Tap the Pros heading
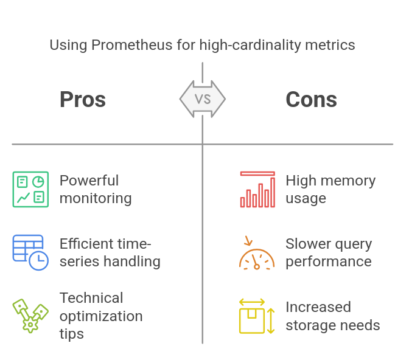83,100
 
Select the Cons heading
311,100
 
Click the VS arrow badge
203,99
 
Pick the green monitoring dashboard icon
30,189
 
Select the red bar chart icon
257,189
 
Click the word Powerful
89,181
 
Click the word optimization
101,316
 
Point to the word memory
348,181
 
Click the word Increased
318,307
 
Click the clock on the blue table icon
38,260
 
